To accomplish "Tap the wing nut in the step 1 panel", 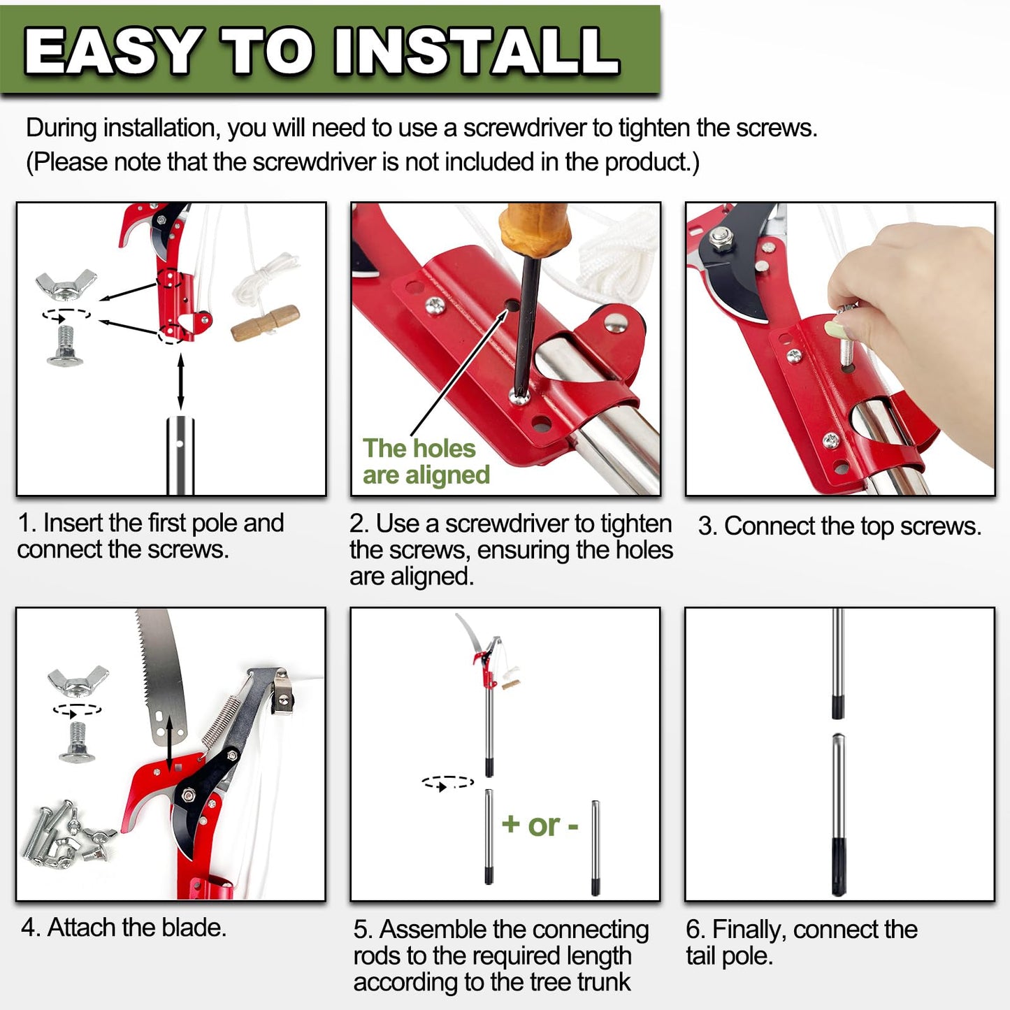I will [x=66, y=284].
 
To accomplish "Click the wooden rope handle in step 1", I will [x=265, y=324].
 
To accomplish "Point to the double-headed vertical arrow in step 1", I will [x=181, y=382].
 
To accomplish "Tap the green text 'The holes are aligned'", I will [x=426, y=461].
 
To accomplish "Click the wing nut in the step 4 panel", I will [x=78, y=681].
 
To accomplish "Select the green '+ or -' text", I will [x=540, y=825].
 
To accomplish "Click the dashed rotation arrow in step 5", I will [x=448, y=783].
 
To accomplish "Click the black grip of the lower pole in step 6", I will [x=839, y=867].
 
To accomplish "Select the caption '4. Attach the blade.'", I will [x=124, y=928].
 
